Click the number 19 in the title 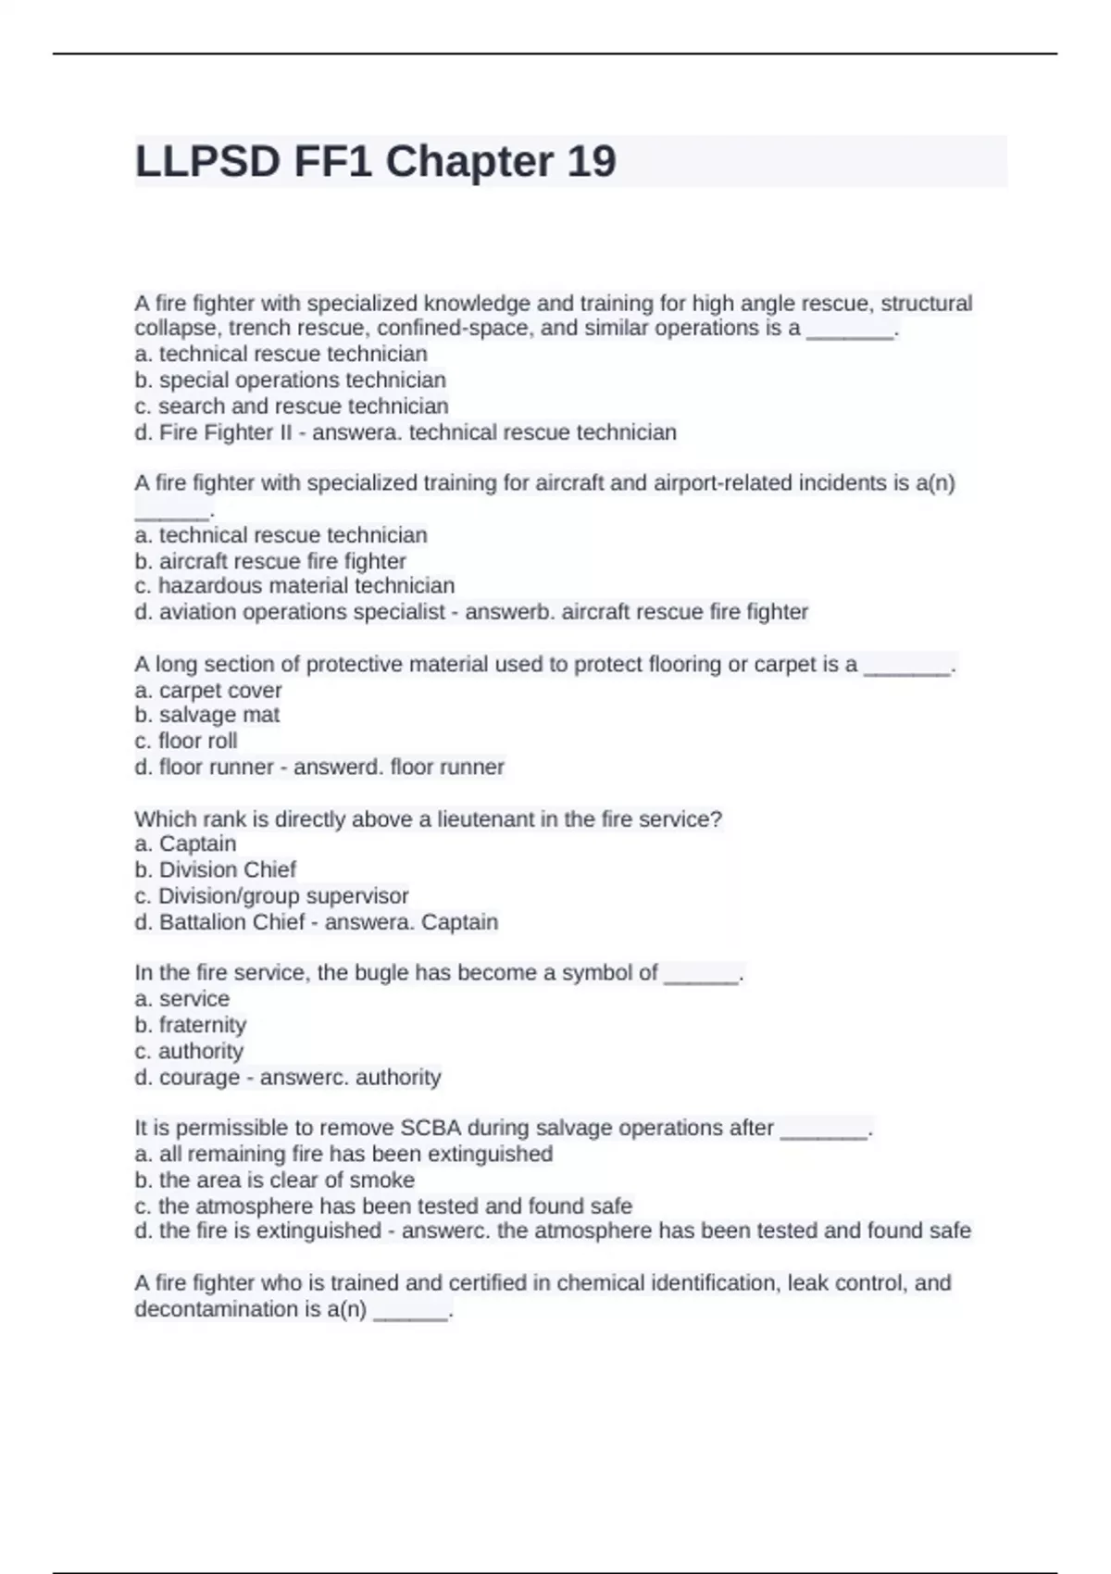pos(590,162)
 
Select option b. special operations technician pos(290,380)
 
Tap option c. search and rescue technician pos(292,406)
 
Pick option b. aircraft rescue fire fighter pos(270,561)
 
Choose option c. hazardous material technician pos(294,585)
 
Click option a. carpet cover pos(208,690)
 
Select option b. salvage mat pos(206,715)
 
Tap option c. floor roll pos(186,741)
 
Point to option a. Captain pos(185,843)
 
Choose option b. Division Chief pos(216,869)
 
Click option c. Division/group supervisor pos(271,895)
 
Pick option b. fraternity pos(191,1025)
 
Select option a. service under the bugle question pos(182,999)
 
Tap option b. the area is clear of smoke pos(275,1180)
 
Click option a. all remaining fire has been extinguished pos(343,1154)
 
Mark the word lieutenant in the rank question pos(486,818)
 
